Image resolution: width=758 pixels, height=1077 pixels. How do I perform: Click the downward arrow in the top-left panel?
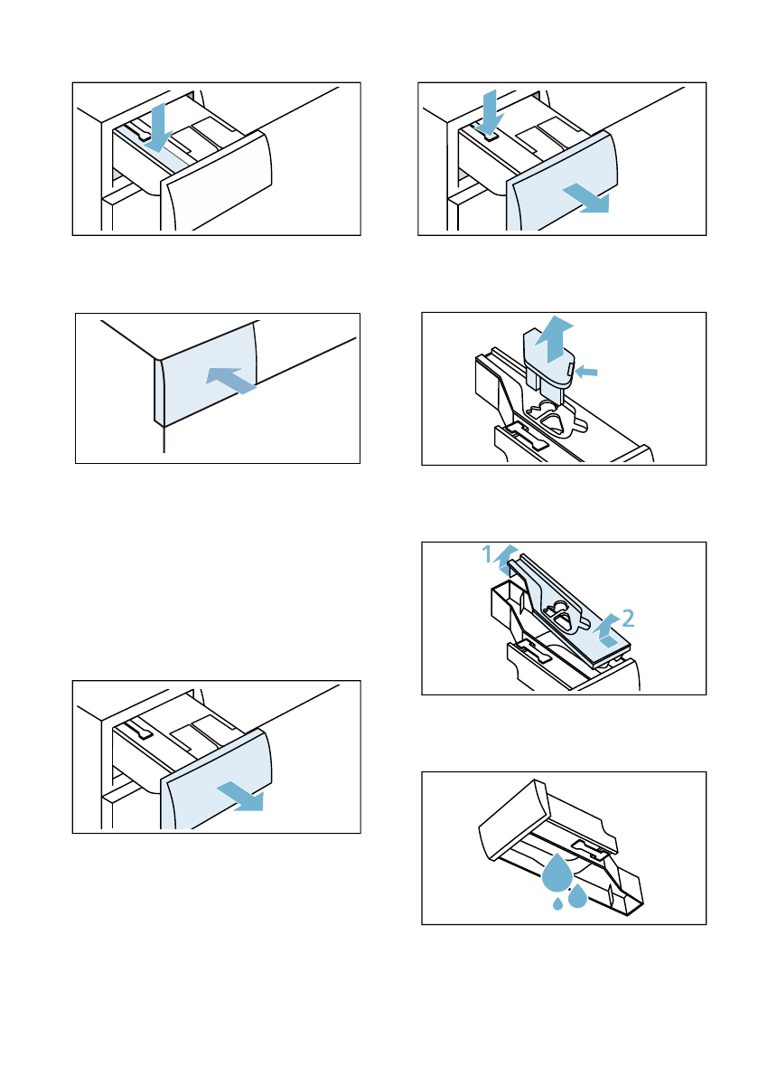(x=159, y=128)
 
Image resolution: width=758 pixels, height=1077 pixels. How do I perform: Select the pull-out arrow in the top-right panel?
(x=585, y=199)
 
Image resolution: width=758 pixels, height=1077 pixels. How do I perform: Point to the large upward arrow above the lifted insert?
(x=554, y=339)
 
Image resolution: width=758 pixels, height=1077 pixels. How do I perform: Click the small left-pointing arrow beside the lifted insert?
(x=586, y=372)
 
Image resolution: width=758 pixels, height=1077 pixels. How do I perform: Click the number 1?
(x=487, y=553)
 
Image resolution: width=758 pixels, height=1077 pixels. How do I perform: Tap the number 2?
(x=628, y=619)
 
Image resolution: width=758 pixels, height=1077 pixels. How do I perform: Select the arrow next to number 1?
(x=506, y=560)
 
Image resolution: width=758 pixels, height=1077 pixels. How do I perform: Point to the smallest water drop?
(x=557, y=903)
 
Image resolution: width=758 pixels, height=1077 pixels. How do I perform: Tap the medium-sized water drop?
(x=578, y=895)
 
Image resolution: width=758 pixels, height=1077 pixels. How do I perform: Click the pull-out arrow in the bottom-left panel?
(x=240, y=796)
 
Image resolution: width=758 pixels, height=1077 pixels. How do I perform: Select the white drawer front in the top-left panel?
(x=216, y=181)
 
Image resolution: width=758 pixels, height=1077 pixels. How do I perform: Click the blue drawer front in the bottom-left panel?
(x=216, y=779)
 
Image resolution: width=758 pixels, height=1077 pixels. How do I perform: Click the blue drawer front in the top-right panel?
(x=562, y=181)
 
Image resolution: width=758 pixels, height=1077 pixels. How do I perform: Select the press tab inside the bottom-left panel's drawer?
(x=138, y=730)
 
